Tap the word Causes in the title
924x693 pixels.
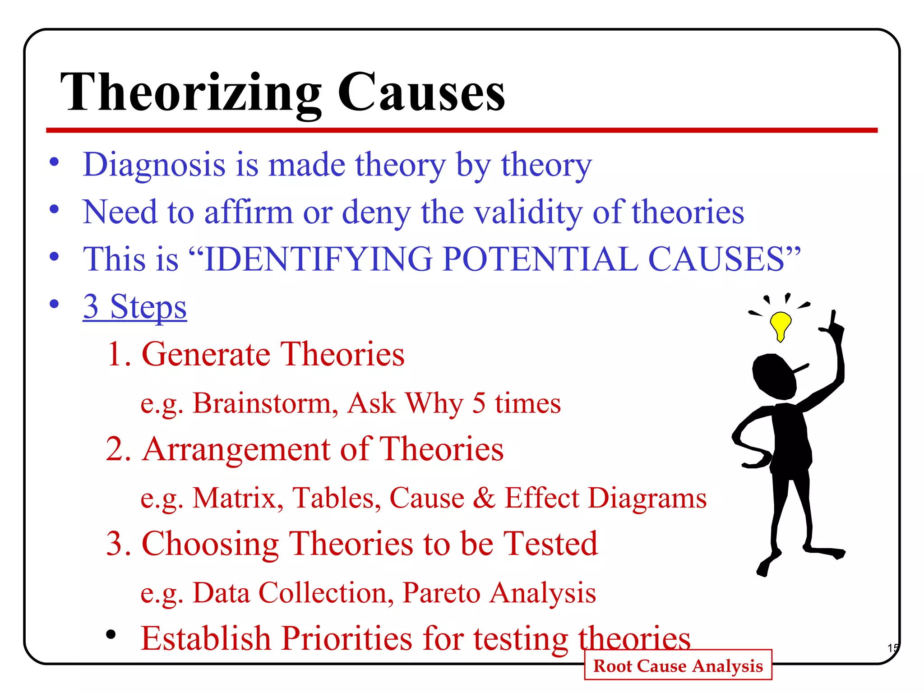tap(421, 94)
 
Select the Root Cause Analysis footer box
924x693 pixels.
tap(678, 665)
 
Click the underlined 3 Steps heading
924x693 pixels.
tap(134, 307)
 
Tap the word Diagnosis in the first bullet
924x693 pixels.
tap(154, 165)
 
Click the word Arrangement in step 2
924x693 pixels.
tap(236, 449)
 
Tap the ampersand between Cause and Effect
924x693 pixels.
tap(484, 498)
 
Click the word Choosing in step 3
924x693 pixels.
tap(210, 544)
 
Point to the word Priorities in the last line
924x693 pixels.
tap(346, 638)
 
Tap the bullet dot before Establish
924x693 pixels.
tap(111, 635)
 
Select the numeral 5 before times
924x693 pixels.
tap(479, 403)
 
